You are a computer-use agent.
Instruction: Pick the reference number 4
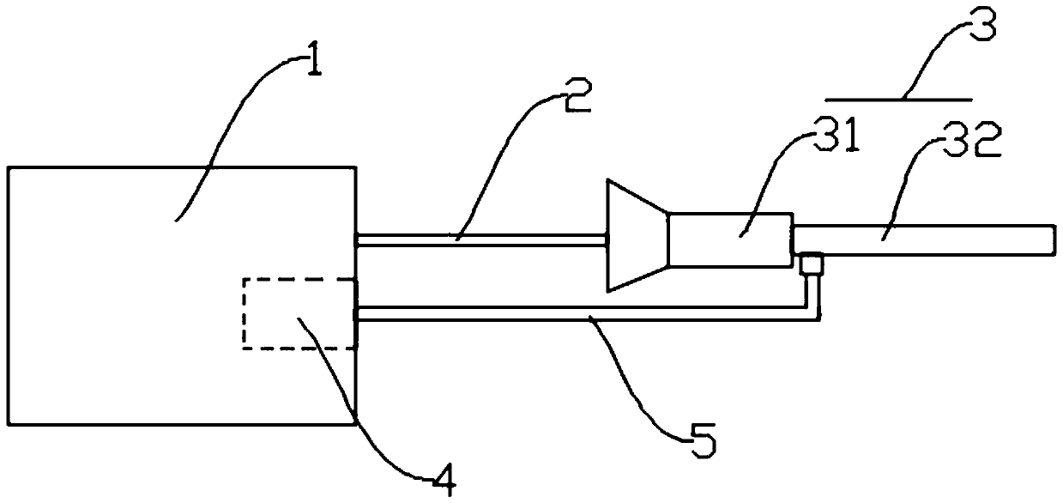pos(442,482)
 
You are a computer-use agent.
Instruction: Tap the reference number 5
pos(702,443)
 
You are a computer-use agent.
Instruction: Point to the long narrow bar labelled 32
pos(922,239)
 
